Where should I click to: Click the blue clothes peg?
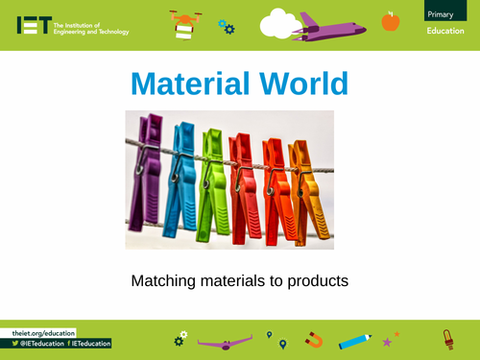[180, 182]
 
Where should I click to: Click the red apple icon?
[390, 20]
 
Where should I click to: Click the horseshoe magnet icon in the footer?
[314, 339]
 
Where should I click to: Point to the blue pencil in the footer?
[354, 340]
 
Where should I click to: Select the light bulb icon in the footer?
[446, 338]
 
